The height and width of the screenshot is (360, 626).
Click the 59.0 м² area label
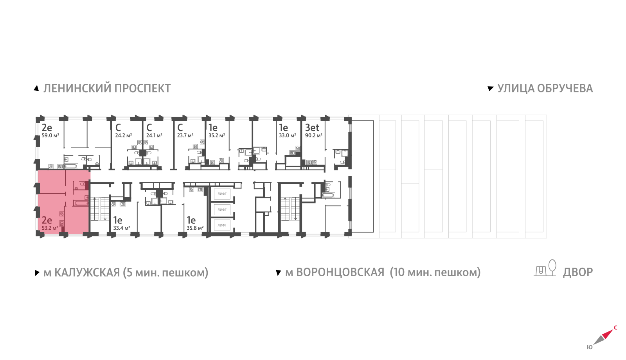tap(50, 135)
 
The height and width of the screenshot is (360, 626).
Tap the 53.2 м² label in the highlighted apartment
tap(50, 228)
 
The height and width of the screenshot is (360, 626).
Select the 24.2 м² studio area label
tap(124, 135)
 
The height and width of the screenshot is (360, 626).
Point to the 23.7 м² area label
tap(185, 135)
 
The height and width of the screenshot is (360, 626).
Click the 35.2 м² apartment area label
tap(217, 135)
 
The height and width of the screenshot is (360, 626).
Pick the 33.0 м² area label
tap(287, 135)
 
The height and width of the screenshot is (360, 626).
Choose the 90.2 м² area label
tap(313, 135)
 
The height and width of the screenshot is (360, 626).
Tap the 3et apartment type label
tap(312, 128)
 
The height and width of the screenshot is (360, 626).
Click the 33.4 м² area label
tap(122, 228)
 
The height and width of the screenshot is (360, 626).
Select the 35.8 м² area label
tap(195, 228)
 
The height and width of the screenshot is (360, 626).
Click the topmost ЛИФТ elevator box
tap(222, 194)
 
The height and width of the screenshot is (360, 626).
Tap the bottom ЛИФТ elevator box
tap(222, 225)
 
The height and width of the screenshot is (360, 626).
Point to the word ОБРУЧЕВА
tap(565, 88)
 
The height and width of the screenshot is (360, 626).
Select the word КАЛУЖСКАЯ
tap(87, 272)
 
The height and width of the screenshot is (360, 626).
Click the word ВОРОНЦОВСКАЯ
tap(340, 272)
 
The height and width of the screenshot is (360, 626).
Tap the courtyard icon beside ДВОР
tap(545, 268)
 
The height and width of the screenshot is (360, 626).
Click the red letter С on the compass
tap(615, 328)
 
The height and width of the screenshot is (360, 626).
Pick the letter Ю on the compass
tap(590, 347)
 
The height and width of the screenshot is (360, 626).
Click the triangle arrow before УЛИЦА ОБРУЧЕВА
tap(491, 88)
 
